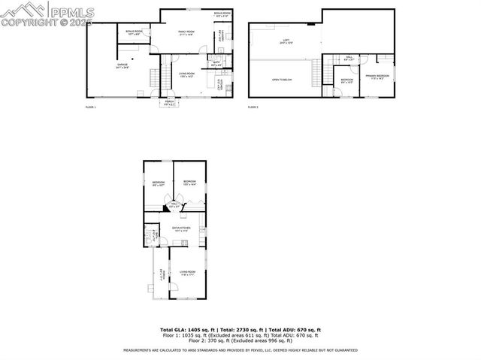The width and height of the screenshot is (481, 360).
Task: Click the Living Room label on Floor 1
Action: click(x=186, y=74)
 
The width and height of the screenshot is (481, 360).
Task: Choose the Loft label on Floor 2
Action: click(x=286, y=43)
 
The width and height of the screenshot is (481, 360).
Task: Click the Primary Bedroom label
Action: click(x=377, y=77)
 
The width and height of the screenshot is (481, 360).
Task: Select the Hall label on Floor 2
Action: click(x=349, y=58)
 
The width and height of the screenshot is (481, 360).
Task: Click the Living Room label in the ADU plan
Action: click(x=186, y=273)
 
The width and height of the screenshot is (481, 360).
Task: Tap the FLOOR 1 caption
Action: click(x=91, y=107)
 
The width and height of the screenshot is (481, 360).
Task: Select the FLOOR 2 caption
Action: click(x=253, y=107)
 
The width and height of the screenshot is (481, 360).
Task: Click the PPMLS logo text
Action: click(x=74, y=11)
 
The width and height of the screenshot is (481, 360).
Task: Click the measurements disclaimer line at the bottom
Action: click(x=240, y=350)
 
